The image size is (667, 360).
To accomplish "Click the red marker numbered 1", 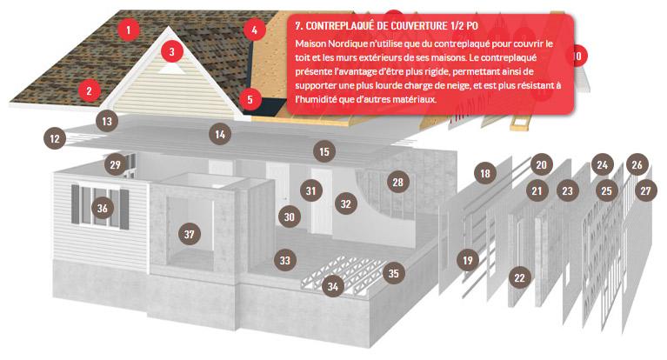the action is click(129, 30).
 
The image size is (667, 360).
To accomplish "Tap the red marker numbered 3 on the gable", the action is click(172, 52).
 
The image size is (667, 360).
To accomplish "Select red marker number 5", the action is click(250, 100).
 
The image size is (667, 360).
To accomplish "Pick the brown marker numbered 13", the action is click(107, 121).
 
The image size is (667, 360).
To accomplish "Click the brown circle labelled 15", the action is click(324, 151).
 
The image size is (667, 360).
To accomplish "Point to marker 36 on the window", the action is click(103, 208).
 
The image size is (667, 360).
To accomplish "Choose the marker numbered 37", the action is click(190, 234).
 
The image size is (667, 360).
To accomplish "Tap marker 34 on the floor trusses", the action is click(333, 287).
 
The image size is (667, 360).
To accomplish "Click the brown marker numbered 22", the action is click(520, 278).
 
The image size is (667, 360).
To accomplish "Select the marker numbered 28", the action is click(398, 182).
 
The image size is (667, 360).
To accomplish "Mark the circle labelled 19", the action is click(468, 260).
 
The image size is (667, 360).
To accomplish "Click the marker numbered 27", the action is click(646, 190).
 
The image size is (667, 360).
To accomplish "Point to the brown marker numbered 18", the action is click(485, 173).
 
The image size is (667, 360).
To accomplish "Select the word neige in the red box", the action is click(459, 85).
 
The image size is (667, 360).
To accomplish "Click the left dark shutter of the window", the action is click(76, 204).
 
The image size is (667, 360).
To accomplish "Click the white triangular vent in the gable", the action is click(171, 68).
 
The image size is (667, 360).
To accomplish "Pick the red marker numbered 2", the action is click(90, 90).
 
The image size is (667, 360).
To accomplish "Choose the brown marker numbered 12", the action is click(55, 138).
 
